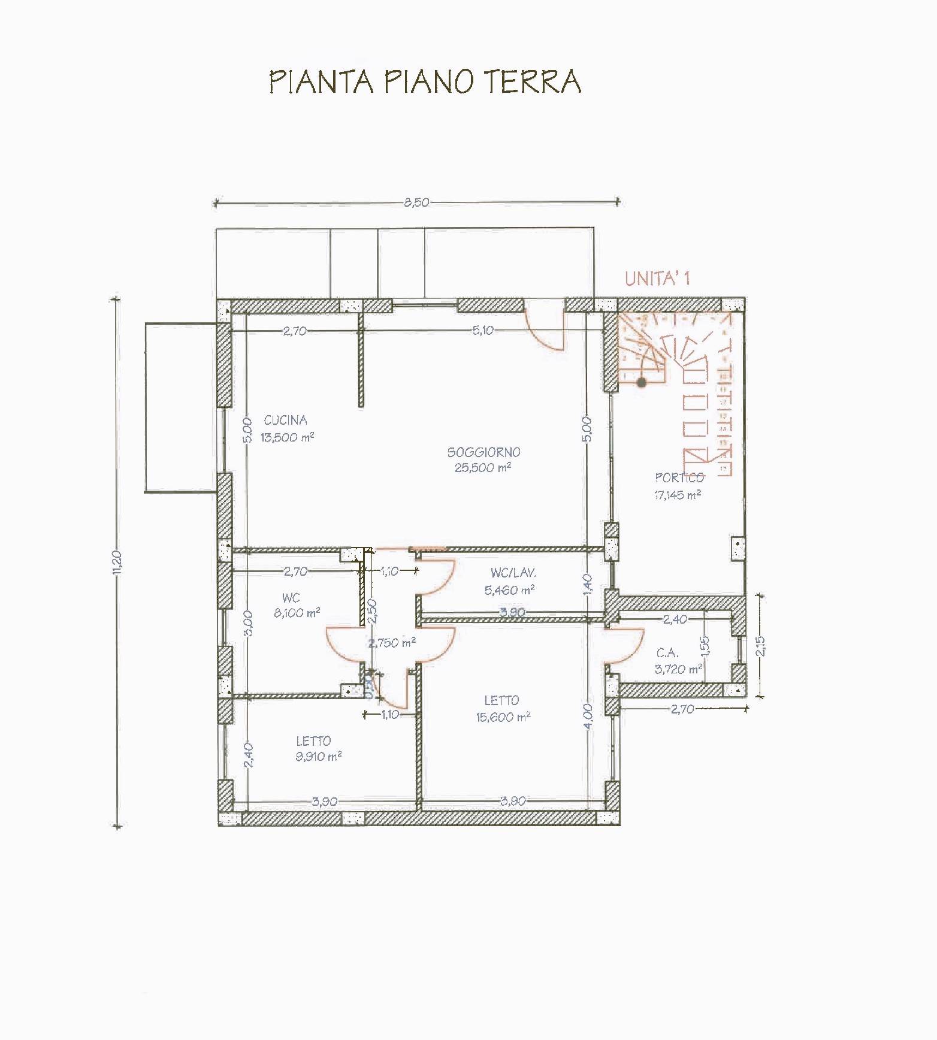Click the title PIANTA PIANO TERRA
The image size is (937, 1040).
tap(425, 81)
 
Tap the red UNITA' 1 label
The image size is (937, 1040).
tap(657, 279)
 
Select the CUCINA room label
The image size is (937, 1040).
tap(285, 421)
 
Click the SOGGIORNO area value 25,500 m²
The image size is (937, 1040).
tap(482, 468)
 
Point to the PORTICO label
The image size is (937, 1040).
tap(679, 477)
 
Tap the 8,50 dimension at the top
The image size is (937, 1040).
tap(416, 202)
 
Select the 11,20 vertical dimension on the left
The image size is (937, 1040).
tap(117, 563)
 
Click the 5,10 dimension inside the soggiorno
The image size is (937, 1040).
tap(483, 330)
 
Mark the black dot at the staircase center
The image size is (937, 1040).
tap(642, 382)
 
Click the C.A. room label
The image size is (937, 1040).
tap(667, 654)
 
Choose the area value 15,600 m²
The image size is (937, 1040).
tap(503, 717)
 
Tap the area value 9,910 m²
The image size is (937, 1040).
tap(318, 757)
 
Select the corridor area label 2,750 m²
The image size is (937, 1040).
tap(392, 643)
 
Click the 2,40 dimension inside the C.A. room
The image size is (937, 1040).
tap(675, 619)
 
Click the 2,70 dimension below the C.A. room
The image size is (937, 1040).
tap(682, 709)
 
